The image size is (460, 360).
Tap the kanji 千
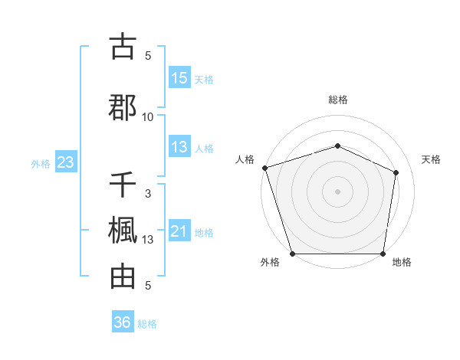coord(123,185)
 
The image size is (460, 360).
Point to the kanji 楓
coord(123,231)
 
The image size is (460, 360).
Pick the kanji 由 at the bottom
coord(123,277)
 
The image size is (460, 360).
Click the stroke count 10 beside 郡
coord(148,116)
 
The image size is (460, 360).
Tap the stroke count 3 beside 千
coord(148,194)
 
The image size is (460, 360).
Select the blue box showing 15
coord(179,78)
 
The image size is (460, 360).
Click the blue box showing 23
coord(65,162)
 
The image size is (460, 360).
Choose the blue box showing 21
coord(179,231)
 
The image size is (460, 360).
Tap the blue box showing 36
coord(123,322)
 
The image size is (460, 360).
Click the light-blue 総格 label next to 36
coord(147,324)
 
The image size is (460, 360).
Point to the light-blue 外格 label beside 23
coord(41,163)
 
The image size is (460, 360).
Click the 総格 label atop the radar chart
coord(338,100)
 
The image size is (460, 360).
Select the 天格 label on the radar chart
coord(432,159)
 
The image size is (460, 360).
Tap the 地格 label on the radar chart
coord(402,262)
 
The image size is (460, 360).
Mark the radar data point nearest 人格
coord(264,168)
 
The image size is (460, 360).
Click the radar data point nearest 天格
coord(396,172)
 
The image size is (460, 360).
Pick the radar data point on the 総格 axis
coord(338,146)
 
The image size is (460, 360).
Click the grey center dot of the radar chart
coord(338,191)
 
